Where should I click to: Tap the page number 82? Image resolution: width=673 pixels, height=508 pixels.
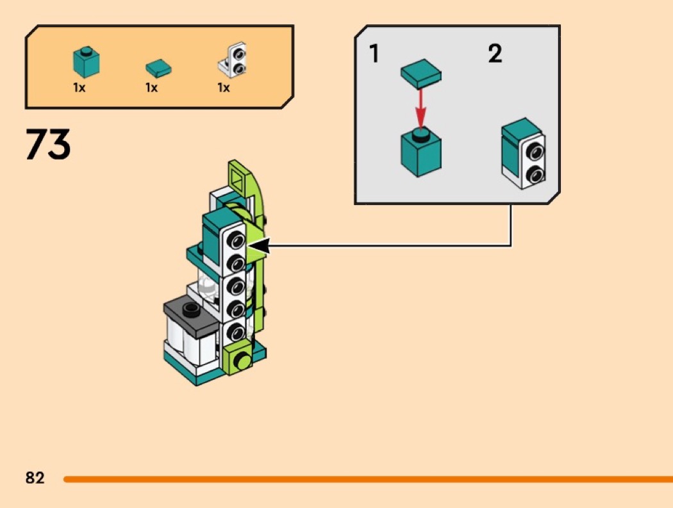[x=35, y=478]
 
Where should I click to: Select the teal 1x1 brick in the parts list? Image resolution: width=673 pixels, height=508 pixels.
[x=86, y=61]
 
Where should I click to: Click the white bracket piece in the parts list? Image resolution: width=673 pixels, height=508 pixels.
[x=234, y=61]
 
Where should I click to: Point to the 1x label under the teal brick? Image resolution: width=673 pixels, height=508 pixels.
[x=79, y=88]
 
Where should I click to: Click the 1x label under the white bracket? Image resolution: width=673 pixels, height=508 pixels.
[x=224, y=88]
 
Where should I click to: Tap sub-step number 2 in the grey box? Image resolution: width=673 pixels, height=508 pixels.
[x=495, y=54]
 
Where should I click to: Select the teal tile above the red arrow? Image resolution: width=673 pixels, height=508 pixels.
[x=421, y=75]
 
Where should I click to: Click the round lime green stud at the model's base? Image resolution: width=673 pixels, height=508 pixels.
[x=242, y=360]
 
